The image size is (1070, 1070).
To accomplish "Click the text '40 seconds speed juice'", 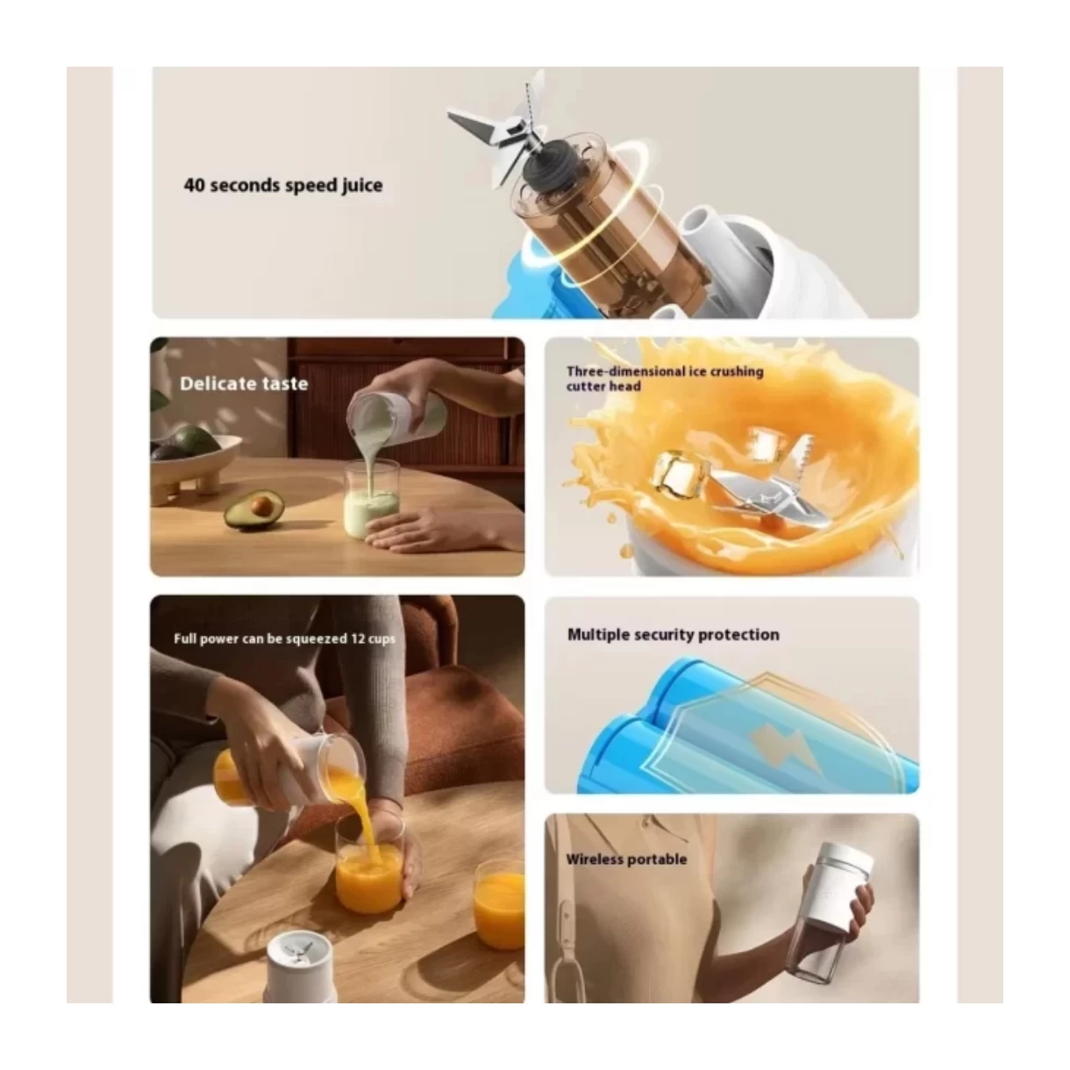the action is click(x=283, y=185).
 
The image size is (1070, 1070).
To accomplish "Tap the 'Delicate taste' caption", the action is click(x=244, y=383).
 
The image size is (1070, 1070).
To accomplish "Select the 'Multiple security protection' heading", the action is click(x=673, y=635).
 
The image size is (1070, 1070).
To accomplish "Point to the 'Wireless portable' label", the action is click(x=626, y=859).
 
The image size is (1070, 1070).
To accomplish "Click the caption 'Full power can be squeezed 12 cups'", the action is click(x=284, y=638).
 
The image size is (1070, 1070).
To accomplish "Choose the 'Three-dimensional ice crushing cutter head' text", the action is click(x=665, y=379).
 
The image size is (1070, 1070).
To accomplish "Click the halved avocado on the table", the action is click(x=253, y=510).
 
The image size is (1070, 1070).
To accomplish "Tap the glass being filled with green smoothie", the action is click(x=372, y=500).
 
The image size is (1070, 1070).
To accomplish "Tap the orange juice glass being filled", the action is click(x=369, y=870).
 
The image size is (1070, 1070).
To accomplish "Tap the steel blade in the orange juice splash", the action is click(x=768, y=489).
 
